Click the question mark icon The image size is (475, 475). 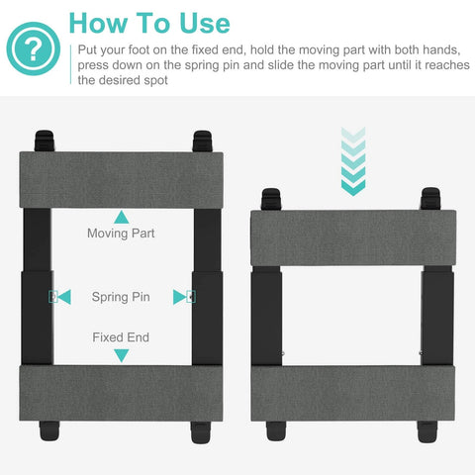[34, 48]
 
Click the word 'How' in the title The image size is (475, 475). [98, 23]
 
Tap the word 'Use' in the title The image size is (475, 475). [205, 23]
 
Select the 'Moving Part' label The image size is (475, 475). [121, 234]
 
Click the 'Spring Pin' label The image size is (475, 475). [121, 297]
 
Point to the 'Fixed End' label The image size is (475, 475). [121, 337]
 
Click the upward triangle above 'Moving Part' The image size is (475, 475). [122, 218]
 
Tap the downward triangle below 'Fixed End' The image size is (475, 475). [122, 355]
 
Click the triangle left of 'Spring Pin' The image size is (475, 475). [64, 297]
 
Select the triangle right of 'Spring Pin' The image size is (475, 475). [179, 297]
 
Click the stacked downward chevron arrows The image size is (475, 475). [353, 161]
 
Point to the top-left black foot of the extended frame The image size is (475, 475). [45, 141]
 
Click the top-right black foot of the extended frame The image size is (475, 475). [202, 141]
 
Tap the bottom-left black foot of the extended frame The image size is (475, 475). [49, 430]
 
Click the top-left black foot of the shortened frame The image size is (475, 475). [271, 199]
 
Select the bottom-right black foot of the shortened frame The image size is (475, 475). [427, 431]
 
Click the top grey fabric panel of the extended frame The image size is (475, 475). [121, 180]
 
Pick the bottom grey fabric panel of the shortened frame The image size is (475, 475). [353, 393]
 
